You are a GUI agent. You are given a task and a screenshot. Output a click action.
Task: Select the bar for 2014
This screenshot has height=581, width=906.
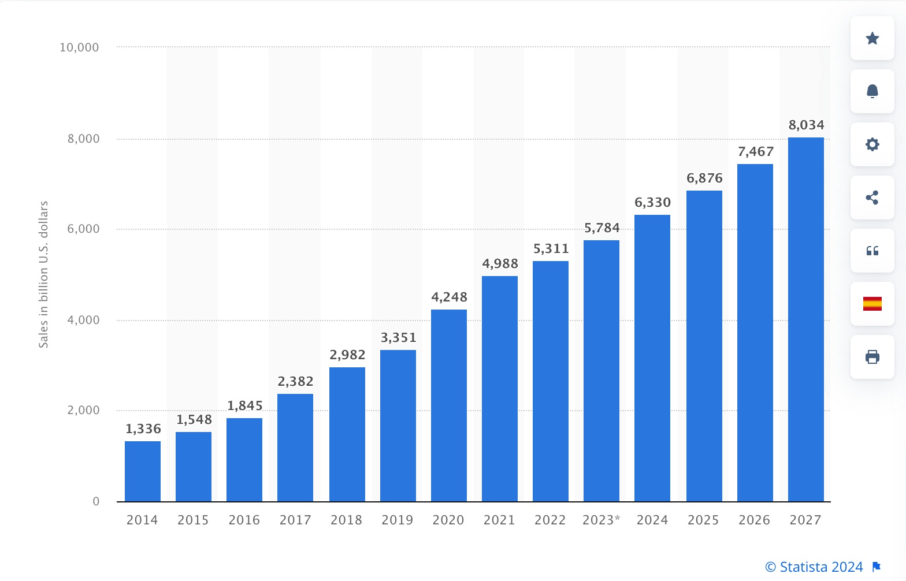click(x=143, y=471)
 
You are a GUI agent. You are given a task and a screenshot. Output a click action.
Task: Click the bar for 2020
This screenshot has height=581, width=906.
click(x=449, y=405)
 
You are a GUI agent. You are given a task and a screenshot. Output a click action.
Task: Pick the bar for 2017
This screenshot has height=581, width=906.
click(x=295, y=448)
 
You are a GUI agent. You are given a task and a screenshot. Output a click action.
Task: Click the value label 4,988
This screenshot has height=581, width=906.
click(x=500, y=264)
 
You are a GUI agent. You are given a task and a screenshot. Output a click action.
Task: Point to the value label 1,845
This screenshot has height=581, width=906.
click(x=244, y=406)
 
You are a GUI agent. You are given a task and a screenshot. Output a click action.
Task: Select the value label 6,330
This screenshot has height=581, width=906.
click(x=652, y=203)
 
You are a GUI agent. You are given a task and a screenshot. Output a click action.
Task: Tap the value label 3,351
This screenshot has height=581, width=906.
click(x=398, y=338)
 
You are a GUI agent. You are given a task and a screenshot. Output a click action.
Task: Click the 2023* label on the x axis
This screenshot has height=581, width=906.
click(x=601, y=520)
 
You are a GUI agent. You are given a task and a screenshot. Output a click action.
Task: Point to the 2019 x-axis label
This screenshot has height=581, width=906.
click(x=398, y=520)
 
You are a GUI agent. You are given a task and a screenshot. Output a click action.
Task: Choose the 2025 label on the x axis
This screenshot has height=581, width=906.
click(x=703, y=520)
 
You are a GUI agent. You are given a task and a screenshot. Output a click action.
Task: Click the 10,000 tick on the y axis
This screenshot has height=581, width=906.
click(x=80, y=47)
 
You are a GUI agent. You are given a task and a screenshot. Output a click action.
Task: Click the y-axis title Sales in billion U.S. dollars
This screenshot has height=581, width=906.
click(x=43, y=274)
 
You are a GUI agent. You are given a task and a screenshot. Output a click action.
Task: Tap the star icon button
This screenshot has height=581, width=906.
click(x=872, y=38)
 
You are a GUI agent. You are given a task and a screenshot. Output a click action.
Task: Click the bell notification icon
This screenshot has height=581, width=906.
click(x=872, y=91)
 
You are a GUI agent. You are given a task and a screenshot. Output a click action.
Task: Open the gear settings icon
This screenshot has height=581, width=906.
click(x=872, y=144)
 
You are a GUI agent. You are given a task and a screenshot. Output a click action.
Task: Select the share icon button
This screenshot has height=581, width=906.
click(x=872, y=198)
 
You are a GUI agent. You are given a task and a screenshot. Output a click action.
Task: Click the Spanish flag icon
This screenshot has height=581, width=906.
click(x=872, y=304)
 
